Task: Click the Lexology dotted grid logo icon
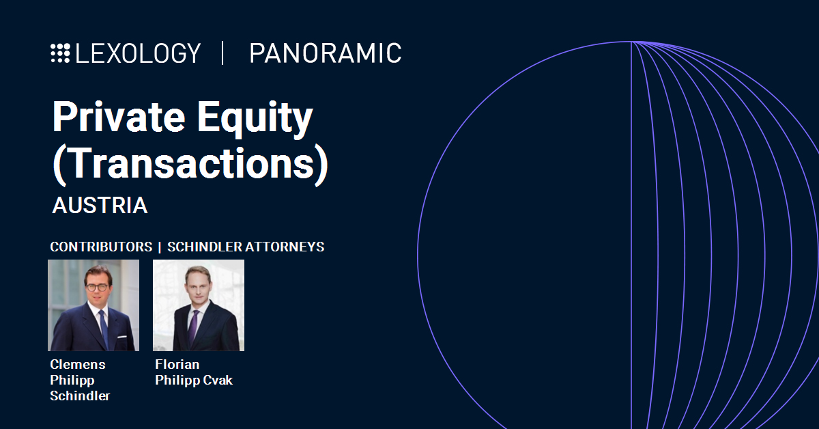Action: (60, 53)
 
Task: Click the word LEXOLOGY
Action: (138, 53)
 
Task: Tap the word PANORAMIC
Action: (326, 53)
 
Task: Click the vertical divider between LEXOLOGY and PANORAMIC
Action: (222, 53)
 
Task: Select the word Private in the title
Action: (119, 117)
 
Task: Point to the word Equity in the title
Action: (255, 119)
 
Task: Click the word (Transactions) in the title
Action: (190, 164)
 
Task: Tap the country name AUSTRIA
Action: (100, 206)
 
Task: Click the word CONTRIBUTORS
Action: (101, 247)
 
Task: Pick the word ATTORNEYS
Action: (285, 247)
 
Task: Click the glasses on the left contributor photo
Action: (98, 288)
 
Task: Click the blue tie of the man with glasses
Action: (104, 329)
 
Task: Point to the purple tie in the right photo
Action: (193, 328)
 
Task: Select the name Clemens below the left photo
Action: (78, 365)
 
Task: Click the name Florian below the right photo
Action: (177, 365)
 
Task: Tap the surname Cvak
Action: (218, 380)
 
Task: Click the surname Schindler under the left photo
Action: (80, 396)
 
